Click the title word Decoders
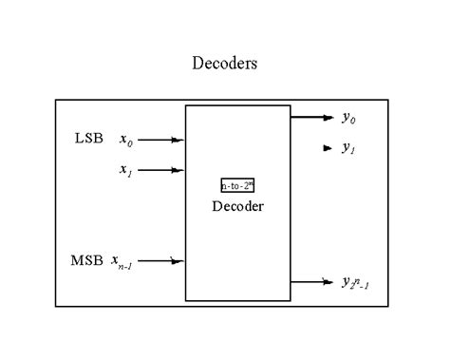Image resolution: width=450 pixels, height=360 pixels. (x=224, y=64)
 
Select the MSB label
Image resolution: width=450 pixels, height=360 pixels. (x=86, y=259)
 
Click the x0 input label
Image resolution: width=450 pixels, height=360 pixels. (x=126, y=141)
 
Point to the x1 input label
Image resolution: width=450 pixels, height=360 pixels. (x=125, y=171)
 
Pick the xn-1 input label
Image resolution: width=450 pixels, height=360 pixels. (x=122, y=261)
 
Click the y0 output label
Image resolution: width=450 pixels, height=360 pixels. (x=348, y=118)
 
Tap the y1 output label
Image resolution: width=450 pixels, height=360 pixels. (x=348, y=148)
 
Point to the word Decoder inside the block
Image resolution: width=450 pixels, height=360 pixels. (x=237, y=206)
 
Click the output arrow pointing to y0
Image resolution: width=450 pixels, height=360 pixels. (x=311, y=118)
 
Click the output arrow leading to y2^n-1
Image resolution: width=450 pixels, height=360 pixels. (x=311, y=281)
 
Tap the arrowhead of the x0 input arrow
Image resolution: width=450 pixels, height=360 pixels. (x=178, y=140)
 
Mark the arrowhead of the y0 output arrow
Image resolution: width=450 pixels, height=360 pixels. (x=328, y=118)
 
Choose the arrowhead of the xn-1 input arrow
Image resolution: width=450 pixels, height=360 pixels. (x=178, y=260)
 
